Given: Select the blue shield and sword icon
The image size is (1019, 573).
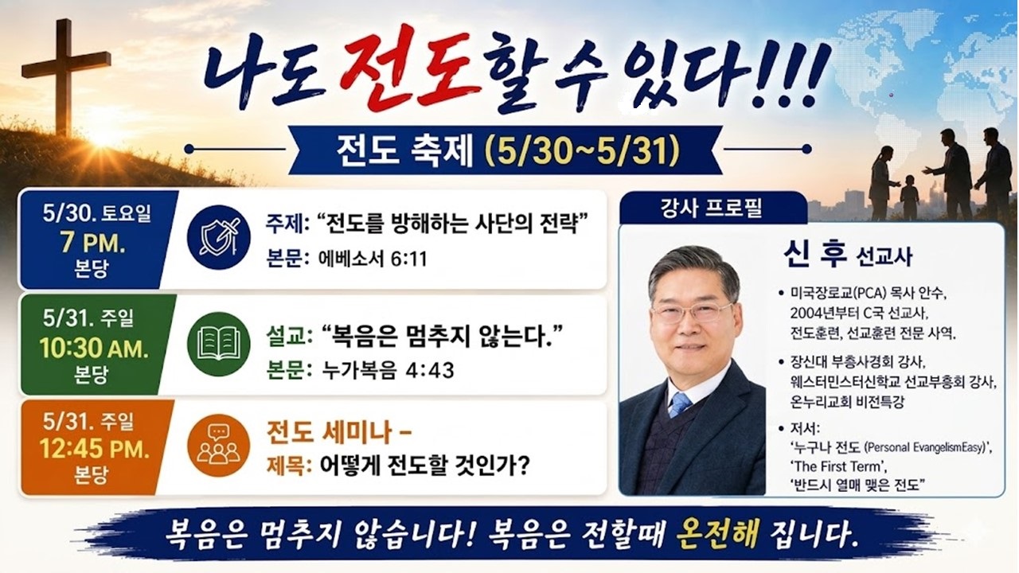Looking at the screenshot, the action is coord(219,237).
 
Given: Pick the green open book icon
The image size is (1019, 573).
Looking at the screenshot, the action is coord(219,344).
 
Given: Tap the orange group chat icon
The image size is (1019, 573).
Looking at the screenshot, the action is coord(219,445).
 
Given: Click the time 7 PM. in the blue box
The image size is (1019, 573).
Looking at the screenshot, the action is coord(92,244).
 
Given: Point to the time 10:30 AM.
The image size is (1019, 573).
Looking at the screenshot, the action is coord(94,349).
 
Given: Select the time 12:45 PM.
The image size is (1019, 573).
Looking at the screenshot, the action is coord(94,449).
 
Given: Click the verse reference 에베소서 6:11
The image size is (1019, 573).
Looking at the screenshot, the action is coord(373,259).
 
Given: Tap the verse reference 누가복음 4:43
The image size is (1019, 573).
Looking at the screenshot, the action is coord(388,370).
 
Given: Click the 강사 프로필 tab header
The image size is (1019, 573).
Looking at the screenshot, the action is coord(711,209).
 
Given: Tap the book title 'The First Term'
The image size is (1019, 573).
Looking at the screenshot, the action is coord(838,466).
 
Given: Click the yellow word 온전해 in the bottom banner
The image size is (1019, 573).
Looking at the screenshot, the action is coord(717,533).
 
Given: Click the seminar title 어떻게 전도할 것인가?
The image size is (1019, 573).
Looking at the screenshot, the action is coord(425,466).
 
